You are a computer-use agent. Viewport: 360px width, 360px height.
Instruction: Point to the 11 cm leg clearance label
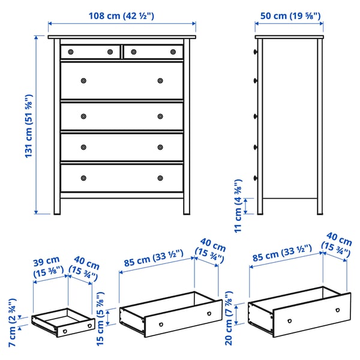[239, 205]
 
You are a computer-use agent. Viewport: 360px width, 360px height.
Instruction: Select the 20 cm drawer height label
[229, 316]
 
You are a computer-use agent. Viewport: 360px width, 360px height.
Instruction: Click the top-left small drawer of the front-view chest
[90, 52]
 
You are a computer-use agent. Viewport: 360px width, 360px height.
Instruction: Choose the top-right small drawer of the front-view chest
[153, 52]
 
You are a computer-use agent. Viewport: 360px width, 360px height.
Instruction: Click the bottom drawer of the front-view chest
[122, 178]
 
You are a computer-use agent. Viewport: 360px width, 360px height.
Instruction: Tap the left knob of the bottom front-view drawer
[83, 178]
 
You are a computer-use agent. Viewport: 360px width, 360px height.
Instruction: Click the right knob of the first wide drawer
[160, 80]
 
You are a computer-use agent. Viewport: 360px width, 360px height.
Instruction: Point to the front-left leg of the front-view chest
[56, 204]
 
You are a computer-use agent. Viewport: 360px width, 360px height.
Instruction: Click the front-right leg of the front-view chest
[187, 204]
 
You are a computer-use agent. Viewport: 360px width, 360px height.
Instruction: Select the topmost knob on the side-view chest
[256, 52]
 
